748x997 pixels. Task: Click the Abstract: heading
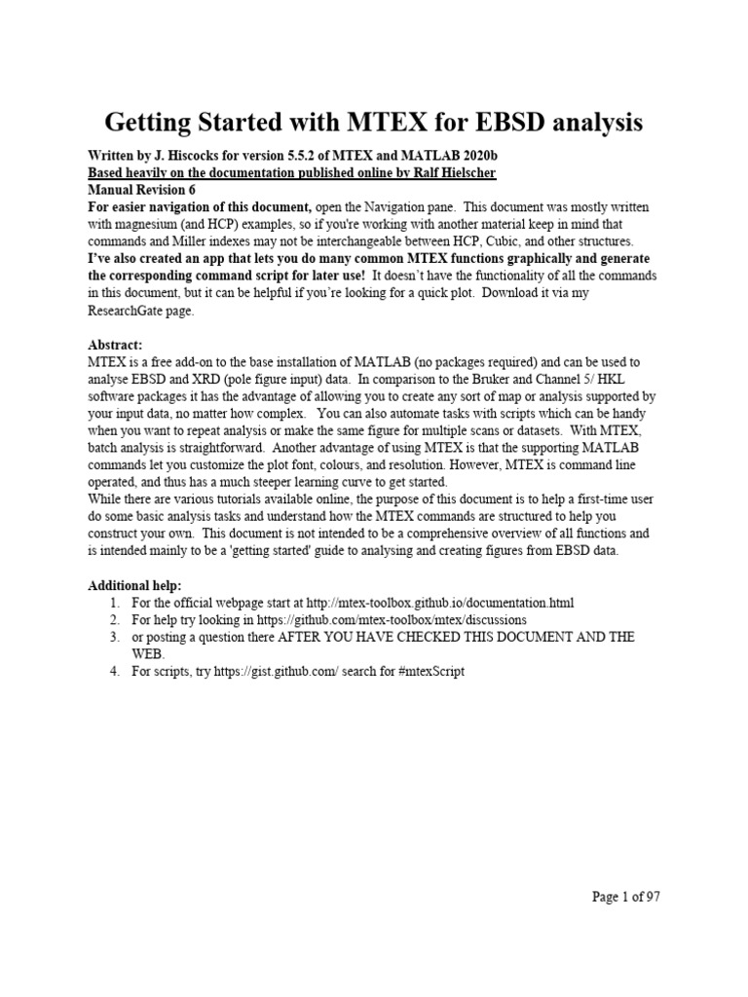tap(116, 344)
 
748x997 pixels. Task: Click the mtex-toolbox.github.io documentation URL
tap(435, 602)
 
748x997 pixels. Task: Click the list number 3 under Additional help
tap(114, 637)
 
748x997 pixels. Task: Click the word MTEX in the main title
tap(386, 123)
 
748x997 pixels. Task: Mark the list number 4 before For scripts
tap(114, 672)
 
